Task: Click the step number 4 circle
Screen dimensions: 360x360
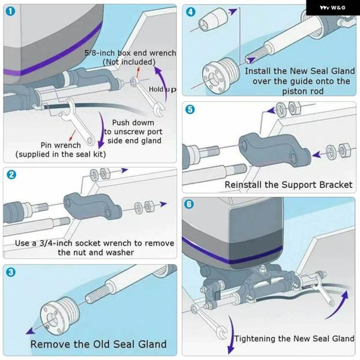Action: [x=190, y=12]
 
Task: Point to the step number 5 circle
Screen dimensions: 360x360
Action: [x=190, y=110]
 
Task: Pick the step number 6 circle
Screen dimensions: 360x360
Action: [x=190, y=204]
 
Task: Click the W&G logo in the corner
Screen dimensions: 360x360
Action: [x=332, y=7]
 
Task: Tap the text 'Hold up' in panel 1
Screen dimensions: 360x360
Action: [x=163, y=89]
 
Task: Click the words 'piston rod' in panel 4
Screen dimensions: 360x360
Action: [x=303, y=91]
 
